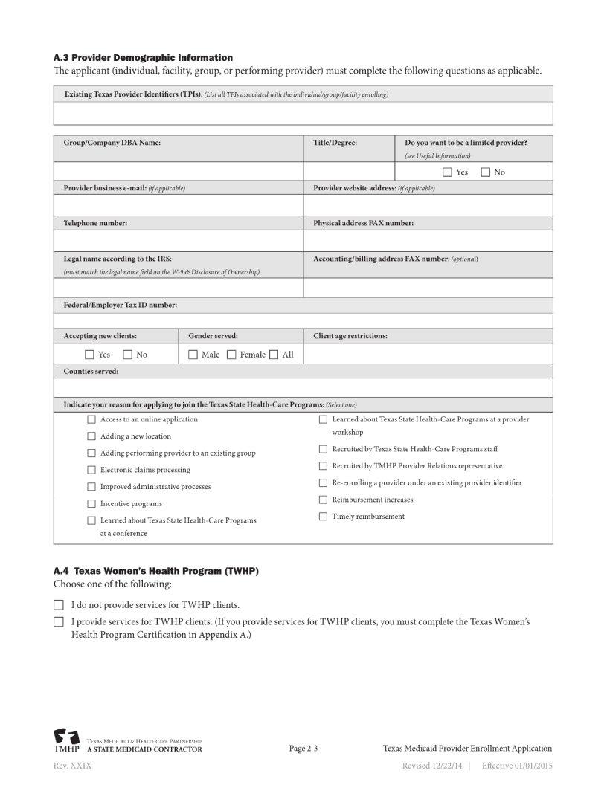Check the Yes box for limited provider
click(x=447, y=172)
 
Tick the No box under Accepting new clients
click(x=127, y=355)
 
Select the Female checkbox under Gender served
click(x=231, y=355)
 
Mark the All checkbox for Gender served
click(x=274, y=355)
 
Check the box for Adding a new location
click(x=91, y=436)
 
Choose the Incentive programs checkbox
click(x=91, y=504)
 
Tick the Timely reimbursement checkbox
click(x=324, y=517)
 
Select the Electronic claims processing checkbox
click(x=91, y=470)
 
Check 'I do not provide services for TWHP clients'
click(x=59, y=605)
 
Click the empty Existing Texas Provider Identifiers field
click(x=303, y=114)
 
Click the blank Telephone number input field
click(x=178, y=241)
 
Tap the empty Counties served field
click(x=303, y=388)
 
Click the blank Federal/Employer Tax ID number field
click(x=303, y=320)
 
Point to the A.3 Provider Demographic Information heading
click(x=143, y=57)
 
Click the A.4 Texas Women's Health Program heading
click(x=155, y=571)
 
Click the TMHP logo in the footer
click(x=66, y=741)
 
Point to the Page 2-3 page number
click(x=303, y=749)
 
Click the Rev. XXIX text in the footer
click(x=72, y=766)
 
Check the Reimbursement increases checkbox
click(x=324, y=500)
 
